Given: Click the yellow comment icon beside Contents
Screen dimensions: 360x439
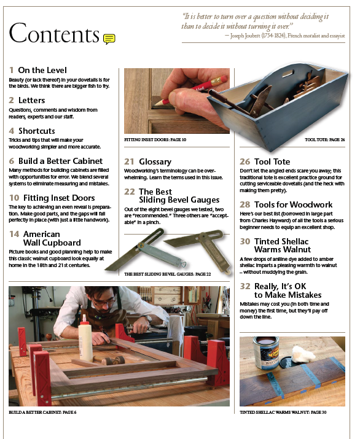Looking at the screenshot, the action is pos(109,39).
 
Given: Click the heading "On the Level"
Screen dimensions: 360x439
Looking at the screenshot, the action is pos(42,70).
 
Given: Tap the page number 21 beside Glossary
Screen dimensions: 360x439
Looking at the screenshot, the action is pos(129,161).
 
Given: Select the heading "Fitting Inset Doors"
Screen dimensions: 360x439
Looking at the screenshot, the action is pos(59,198).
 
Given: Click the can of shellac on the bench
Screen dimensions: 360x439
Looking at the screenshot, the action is pos(266,353).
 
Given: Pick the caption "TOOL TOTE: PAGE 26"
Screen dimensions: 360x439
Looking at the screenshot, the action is pos(325,139).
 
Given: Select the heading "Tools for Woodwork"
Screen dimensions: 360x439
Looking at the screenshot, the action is pos(293,204).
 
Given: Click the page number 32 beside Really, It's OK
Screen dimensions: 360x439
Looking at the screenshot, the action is pos(245,286).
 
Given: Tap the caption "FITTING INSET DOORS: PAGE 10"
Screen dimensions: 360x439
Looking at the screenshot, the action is pos(155,139).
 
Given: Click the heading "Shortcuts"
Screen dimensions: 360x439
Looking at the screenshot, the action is pos(37,131).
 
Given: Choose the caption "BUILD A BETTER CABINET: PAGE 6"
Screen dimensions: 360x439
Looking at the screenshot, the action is pos(42,412).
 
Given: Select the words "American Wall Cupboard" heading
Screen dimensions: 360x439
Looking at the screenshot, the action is pos(52,238).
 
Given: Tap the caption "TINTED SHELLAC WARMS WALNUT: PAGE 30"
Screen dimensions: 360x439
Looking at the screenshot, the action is pos(283,412).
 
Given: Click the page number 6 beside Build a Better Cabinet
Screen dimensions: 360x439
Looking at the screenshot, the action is pos(12,161).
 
